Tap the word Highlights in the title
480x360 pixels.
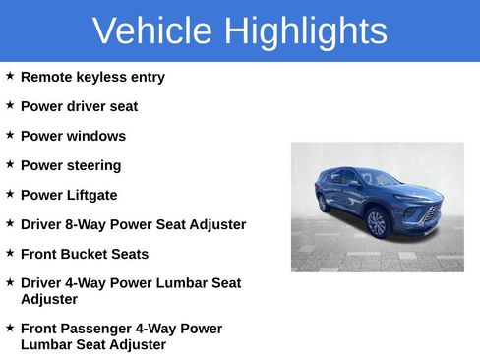click(305, 31)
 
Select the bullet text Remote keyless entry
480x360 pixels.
click(92, 77)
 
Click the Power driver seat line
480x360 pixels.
click(79, 106)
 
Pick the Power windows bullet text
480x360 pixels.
click(73, 136)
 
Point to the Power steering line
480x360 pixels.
click(71, 165)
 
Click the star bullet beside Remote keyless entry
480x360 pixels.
click(10, 76)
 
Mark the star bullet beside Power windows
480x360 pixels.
click(10, 135)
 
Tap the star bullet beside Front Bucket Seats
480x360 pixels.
click(10, 253)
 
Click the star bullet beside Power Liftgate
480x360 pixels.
click(10, 194)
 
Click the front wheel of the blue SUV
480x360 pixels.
click(377, 223)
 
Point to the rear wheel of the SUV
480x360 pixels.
click(325, 204)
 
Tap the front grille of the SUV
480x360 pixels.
click(430, 213)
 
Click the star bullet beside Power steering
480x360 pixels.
click(10, 164)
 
